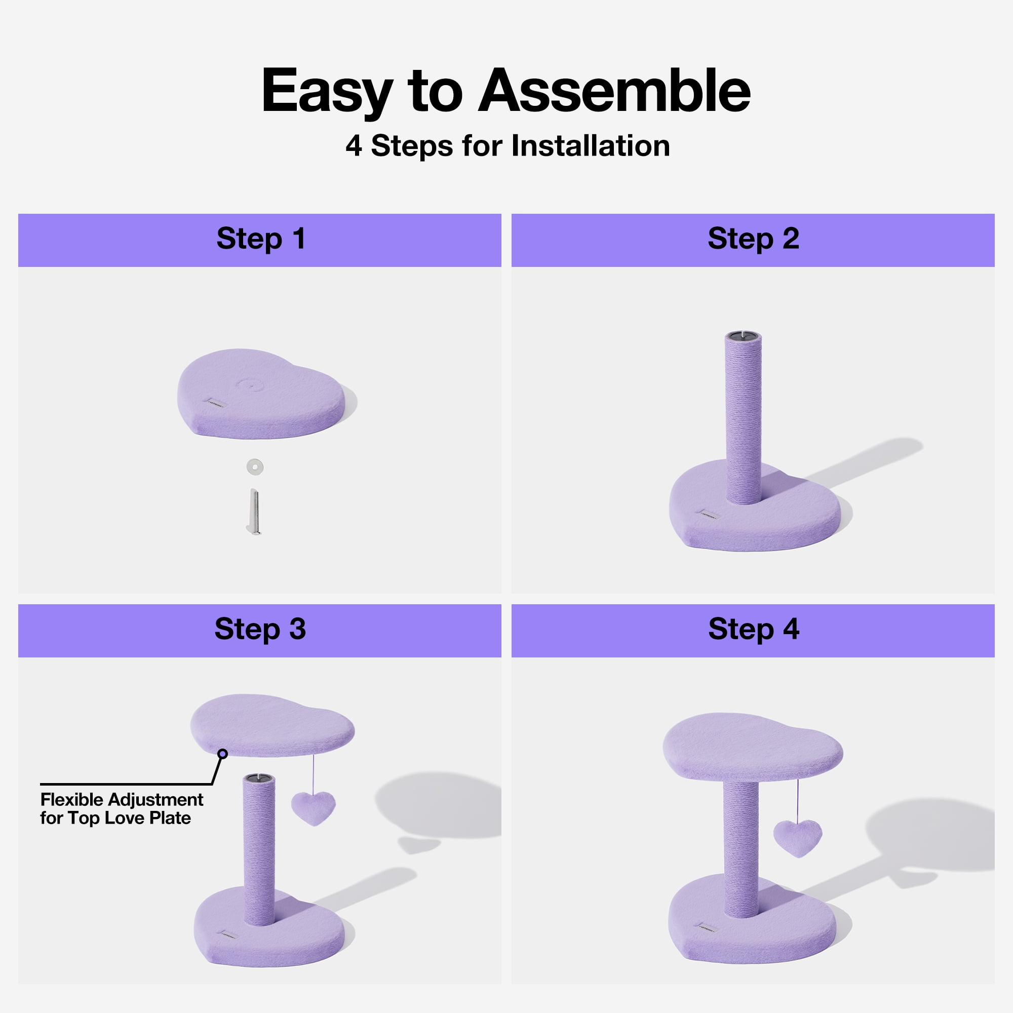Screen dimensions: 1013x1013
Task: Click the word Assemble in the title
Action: pos(614,91)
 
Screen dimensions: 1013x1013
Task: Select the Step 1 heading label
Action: pos(260,239)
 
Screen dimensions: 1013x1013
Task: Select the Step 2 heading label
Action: pos(754,239)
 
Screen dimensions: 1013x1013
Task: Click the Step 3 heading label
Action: pos(260,629)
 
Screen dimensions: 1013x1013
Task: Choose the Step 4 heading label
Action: pos(754,629)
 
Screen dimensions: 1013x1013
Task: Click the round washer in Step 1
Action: pos(255,466)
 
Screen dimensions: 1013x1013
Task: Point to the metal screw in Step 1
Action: pos(254,512)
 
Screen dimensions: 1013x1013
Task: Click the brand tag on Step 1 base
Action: pos(215,403)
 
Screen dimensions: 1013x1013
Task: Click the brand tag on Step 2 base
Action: pos(710,513)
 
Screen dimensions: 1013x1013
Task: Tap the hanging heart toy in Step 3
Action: pos(313,808)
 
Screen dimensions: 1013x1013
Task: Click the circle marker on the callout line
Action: pos(223,754)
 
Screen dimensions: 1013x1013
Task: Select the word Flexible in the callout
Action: pos(72,800)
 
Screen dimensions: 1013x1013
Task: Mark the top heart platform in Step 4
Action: pos(753,747)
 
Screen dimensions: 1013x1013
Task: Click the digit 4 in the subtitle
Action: pos(354,146)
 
